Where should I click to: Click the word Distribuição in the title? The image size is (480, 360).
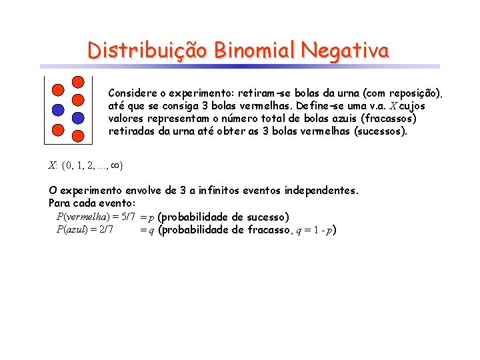pos(149,51)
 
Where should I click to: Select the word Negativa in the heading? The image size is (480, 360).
pos(345,51)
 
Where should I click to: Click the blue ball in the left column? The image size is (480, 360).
pos(58,109)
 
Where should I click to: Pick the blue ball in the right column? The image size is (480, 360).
pos(78,118)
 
